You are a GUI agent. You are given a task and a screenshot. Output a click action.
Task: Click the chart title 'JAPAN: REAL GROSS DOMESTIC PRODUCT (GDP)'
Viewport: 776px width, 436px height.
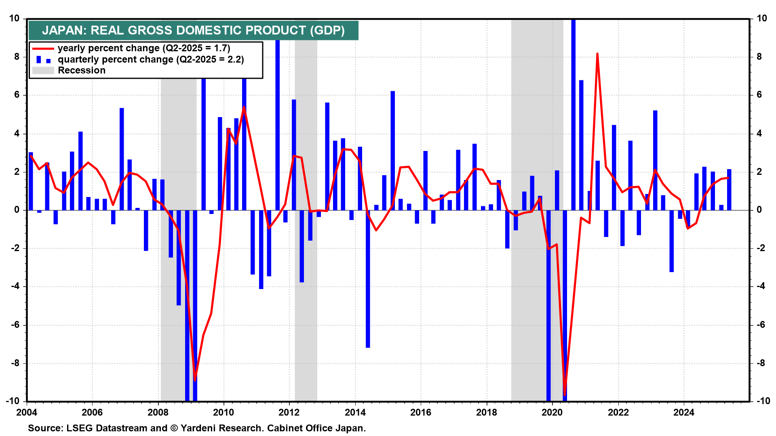click(x=193, y=31)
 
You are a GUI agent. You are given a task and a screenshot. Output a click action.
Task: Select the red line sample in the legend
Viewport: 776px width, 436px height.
click(x=43, y=48)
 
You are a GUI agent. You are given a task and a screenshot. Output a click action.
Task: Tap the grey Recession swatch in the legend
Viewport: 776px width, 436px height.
click(x=43, y=71)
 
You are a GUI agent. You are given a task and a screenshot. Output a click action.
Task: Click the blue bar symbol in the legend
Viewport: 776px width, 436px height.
click(x=39, y=60)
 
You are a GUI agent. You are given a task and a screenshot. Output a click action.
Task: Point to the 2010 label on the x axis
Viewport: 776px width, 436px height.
click(x=224, y=413)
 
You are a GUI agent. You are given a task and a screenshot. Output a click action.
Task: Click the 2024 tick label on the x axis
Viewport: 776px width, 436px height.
click(x=683, y=413)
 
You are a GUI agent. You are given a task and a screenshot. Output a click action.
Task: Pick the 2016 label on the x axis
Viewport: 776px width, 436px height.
click(x=421, y=413)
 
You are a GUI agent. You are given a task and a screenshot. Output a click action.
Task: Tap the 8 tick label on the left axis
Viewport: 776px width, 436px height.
click(x=17, y=57)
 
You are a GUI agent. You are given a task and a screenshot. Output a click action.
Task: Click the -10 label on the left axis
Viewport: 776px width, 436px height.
click(x=13, y=401)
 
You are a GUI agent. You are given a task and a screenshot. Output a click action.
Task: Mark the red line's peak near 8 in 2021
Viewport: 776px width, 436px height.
click(x=597, y=54)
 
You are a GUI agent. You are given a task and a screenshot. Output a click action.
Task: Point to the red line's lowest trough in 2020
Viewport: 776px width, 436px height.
click(x=565, y=395)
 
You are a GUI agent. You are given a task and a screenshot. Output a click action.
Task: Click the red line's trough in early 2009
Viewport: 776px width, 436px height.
click(x=195, y=380)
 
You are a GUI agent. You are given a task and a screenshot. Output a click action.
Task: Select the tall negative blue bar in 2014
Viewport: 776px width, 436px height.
click(x=368, y=279)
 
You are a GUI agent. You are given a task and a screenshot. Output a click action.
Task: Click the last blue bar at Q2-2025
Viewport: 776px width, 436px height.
click(x=729, y=190)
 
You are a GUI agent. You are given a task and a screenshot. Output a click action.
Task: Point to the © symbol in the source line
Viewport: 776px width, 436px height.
click(x=174, y=428)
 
